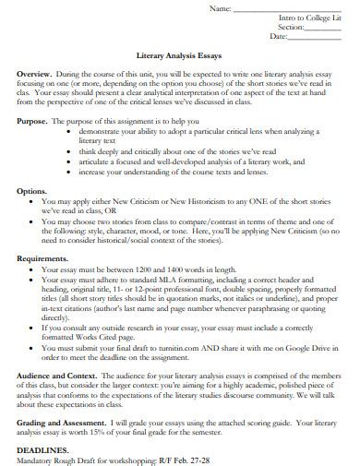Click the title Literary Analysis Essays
tap(180, 54)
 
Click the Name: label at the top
tap(222, 8)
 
